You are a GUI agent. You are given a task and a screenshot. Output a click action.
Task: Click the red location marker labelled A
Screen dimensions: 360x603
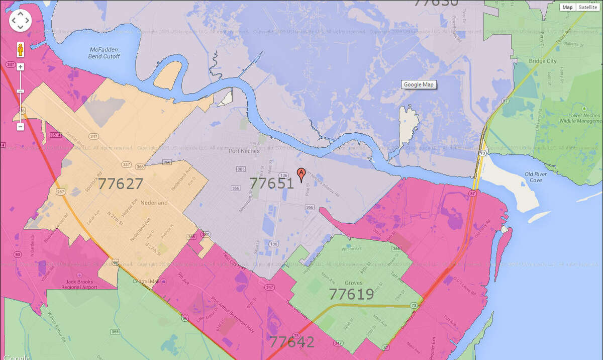(301, 174)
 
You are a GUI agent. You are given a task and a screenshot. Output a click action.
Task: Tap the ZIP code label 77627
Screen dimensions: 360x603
(121, 184)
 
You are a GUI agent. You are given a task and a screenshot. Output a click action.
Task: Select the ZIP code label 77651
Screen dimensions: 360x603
(271, 183)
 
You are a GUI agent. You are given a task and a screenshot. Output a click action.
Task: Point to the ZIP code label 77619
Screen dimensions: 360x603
(351, 294)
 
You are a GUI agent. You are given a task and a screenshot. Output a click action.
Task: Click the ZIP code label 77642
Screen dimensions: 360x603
(292, 342)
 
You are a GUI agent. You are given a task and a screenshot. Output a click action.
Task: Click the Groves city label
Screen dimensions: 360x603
(354, 283)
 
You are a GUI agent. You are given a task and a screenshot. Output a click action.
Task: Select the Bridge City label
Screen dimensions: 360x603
(543, 61)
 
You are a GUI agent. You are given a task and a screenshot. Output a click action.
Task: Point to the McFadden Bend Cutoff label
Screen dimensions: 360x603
(105, 53)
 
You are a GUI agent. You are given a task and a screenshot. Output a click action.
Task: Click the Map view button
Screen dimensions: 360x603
(567, 7)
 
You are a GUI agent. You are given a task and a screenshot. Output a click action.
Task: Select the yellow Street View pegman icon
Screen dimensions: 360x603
(21, 50)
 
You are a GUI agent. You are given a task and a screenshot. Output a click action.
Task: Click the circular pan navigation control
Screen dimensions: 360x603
(21, 21)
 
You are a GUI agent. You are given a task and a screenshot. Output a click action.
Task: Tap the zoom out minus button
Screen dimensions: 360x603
(21, 127)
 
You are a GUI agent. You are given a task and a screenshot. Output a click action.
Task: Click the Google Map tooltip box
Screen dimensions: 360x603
(419, 85)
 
